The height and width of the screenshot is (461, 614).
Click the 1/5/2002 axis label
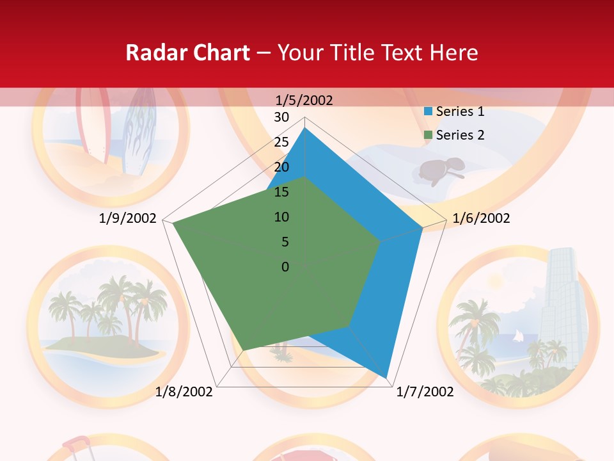tap(304, 100)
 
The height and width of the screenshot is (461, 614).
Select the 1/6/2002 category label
tap(481, 218)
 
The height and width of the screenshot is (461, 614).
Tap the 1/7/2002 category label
tap(425, 391)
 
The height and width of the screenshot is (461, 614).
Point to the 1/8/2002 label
tap(184, 391)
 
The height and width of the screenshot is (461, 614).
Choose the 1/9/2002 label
tap(128, 218)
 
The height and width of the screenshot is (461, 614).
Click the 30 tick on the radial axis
tap(281, 117)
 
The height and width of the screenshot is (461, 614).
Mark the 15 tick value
tap(281, 192)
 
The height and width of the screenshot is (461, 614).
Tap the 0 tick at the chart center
tap(285, 267)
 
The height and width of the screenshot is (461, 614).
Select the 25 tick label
tap(281, 142)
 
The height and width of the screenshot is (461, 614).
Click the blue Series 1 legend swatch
tap(429, 112)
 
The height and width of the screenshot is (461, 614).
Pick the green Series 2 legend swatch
tap(429, 135)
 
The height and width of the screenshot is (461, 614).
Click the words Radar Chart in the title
tap(187, 53)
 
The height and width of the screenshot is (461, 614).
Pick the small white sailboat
tap(517, 337)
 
